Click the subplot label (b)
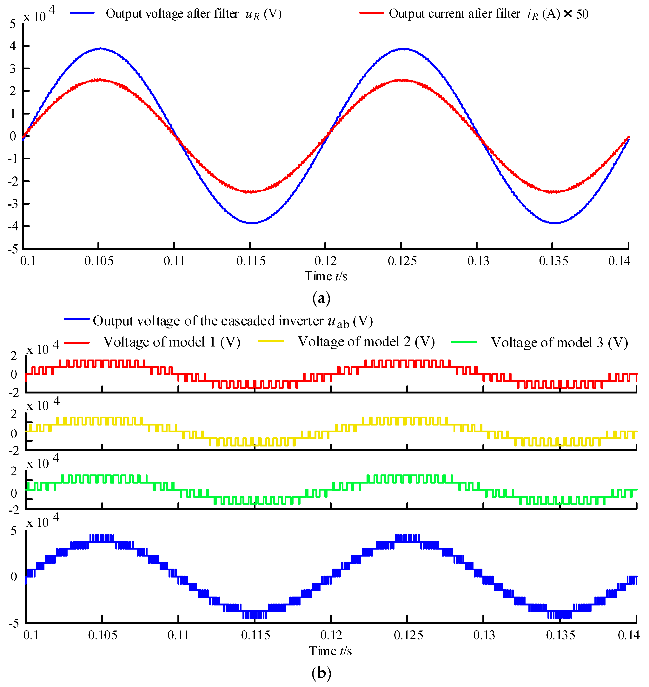321,673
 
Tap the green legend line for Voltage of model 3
464,342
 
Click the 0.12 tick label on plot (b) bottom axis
331,635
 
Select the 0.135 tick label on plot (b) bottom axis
560,635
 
